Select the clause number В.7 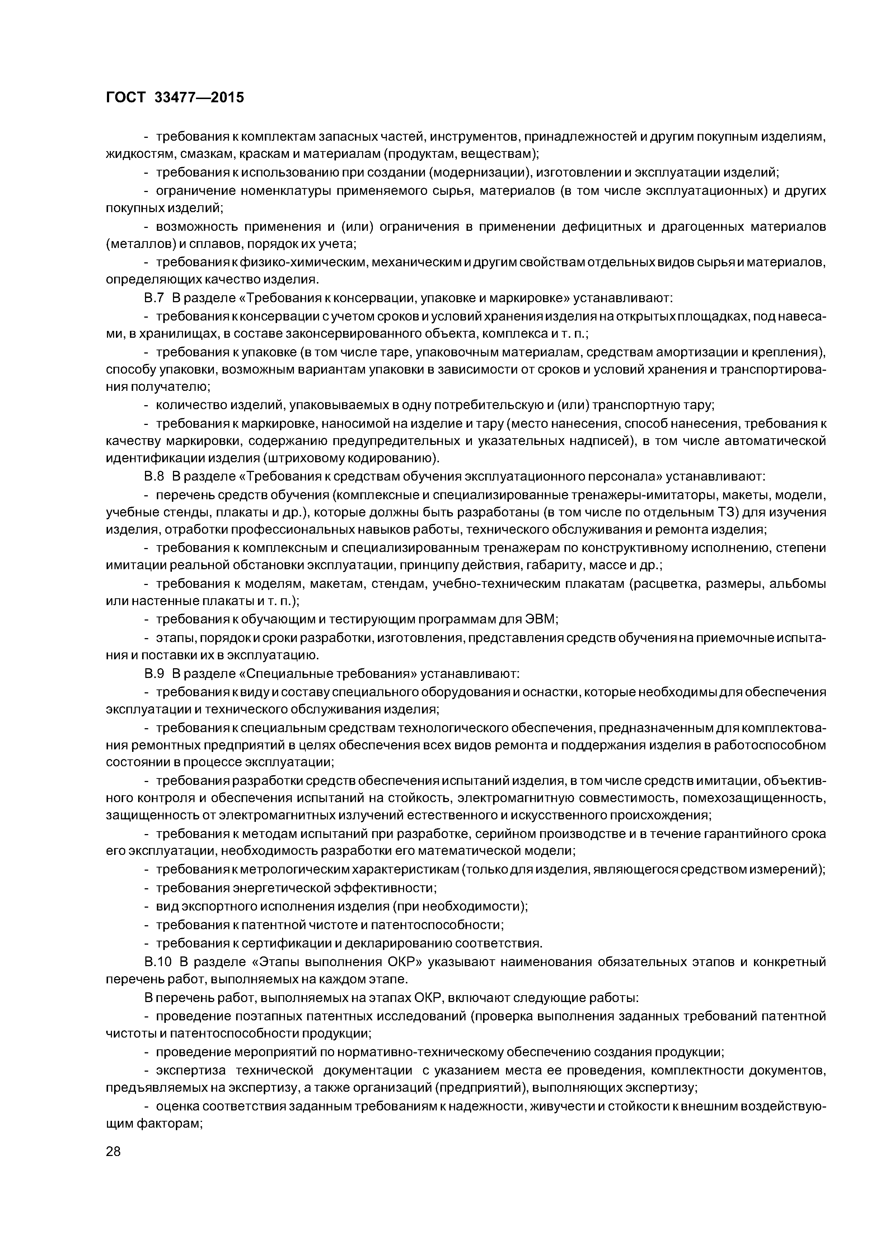click(154, 298)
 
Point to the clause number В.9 click(154, 673)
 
